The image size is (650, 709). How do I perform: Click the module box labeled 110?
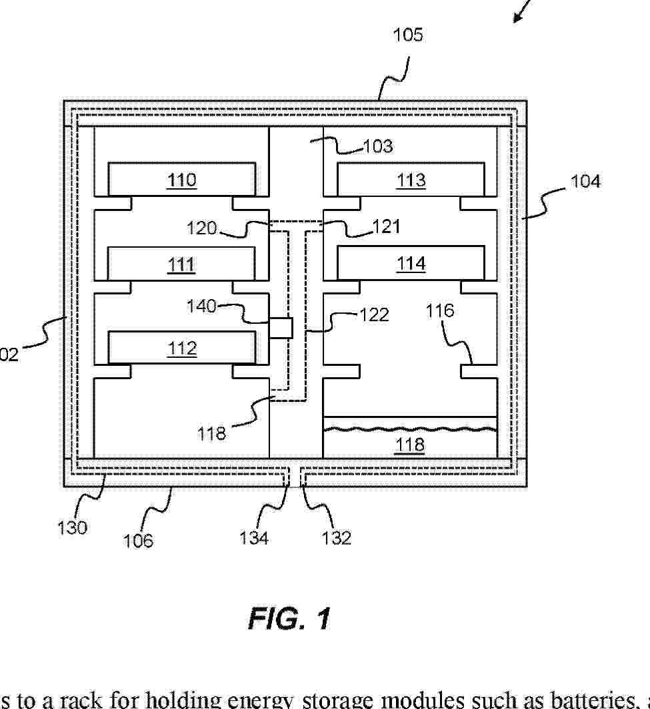[181, 180]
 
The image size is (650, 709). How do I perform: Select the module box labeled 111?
[181, 264]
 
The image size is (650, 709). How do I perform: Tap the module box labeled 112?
[181, 348]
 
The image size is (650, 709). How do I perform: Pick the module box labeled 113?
[411, 180]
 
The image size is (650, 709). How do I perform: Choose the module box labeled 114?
[411, 264]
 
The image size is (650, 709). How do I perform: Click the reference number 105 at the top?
[407, 35]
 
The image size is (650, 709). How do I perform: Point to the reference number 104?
[585, 181]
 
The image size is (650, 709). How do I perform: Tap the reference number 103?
[378, 146]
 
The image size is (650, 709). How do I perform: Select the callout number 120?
[202, 228]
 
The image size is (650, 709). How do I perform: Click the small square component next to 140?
[281, 328]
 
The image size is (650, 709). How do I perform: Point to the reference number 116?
[440, 310]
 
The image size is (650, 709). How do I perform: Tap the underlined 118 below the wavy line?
[410, 445]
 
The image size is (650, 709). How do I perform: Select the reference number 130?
[72, 527]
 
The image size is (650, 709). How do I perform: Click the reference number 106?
[138, 539]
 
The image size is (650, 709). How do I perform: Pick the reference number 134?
[254, 537]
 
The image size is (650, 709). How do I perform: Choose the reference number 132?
[336, 537]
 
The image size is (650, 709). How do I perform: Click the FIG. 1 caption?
[289, 619]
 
